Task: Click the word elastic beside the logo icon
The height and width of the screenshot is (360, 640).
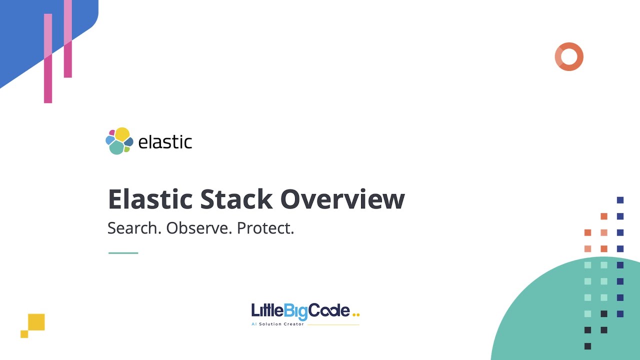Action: click(x=165, y=142)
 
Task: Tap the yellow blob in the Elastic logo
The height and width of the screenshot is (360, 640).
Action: click(x=122, y=134)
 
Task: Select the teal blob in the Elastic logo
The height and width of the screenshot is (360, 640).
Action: click(x=116, y=147)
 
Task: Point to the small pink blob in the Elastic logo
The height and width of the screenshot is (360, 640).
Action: click(x=112, y=133)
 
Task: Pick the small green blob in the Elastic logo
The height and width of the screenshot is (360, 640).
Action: click(x=127, y=149)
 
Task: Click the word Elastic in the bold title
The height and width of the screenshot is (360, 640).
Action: click(x=150, y=199)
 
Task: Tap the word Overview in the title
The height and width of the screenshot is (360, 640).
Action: click(x=342, y=199)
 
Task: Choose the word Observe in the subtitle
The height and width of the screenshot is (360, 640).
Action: click(x=199, y=228)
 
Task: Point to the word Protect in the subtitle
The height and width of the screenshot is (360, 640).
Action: click(x=265, y=228)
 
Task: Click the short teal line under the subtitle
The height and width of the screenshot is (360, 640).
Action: click(x=123, y=253)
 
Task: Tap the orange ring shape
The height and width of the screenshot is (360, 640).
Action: click(x=569, y=56)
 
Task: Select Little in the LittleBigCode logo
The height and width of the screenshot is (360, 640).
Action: click(x=267, y=311)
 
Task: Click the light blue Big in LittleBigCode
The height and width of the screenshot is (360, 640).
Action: click(x=295, y=311)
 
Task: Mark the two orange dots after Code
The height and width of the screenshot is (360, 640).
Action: click(x=356, y=315)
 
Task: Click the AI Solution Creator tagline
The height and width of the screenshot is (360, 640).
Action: click(x=277, y=324)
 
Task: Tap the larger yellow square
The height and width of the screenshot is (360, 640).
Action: click(x=36, y=322)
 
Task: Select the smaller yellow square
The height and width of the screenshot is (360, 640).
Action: click(x=24, y=334)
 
